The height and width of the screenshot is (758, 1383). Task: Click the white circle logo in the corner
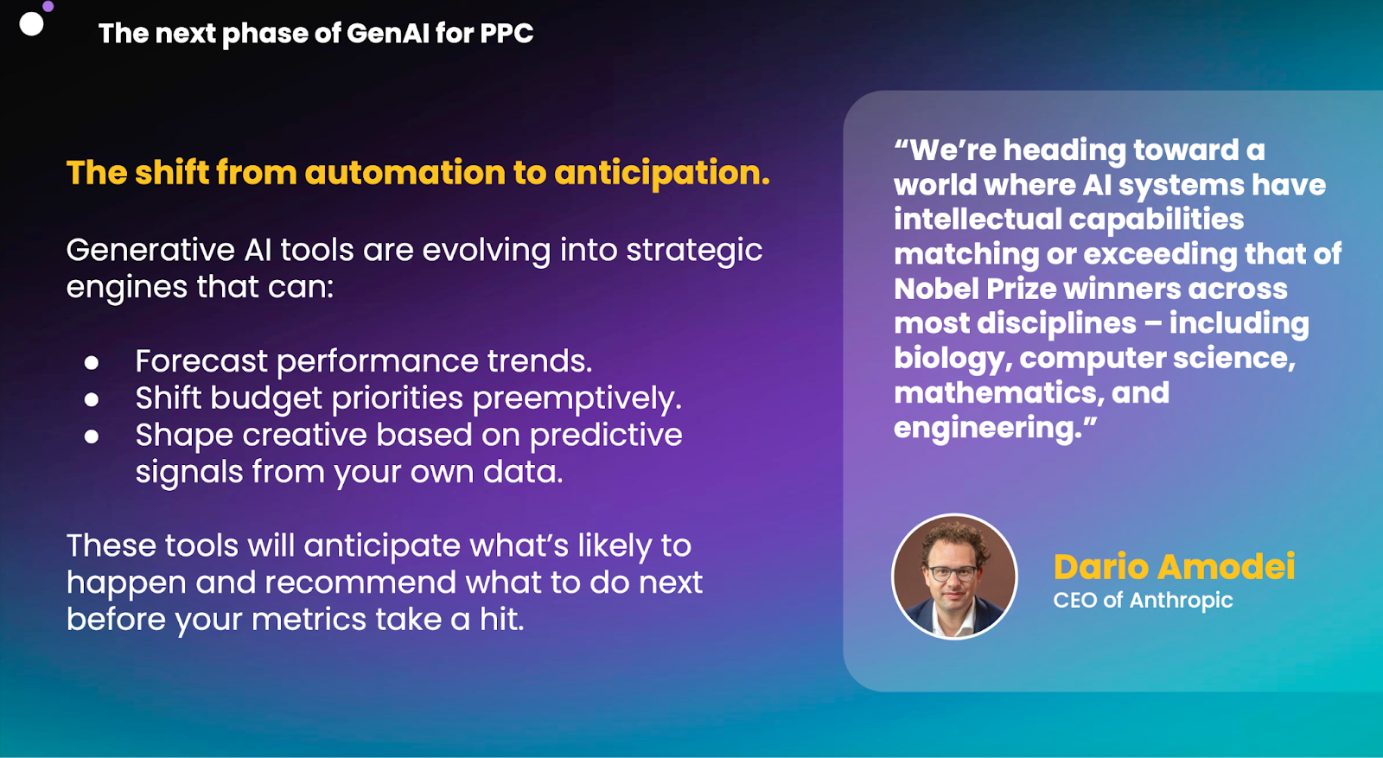tap(31, 24)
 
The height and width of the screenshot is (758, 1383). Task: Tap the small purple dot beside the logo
tap(48, 6)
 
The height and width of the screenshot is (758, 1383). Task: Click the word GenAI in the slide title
tap(387, 34)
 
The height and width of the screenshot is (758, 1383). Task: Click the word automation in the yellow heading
tap(405, 172)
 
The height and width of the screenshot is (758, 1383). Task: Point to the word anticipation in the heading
tap(662, 174)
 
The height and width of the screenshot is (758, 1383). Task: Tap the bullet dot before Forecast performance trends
tap(92, 362)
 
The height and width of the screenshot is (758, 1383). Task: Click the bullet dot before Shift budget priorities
tap(92, 399)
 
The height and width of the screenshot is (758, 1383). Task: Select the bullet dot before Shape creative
tap(92, 436)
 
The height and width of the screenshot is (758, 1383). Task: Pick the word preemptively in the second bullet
tap(577, 398)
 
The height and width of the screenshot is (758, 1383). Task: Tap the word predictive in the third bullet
tap(606, 436)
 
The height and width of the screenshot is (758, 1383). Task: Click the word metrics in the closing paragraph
tap(309, 620)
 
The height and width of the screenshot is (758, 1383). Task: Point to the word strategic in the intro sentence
tap(694, 252)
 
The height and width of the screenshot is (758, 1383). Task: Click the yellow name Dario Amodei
tap(1174, 567)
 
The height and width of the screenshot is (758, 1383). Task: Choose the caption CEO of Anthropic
tap(1143, 600)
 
